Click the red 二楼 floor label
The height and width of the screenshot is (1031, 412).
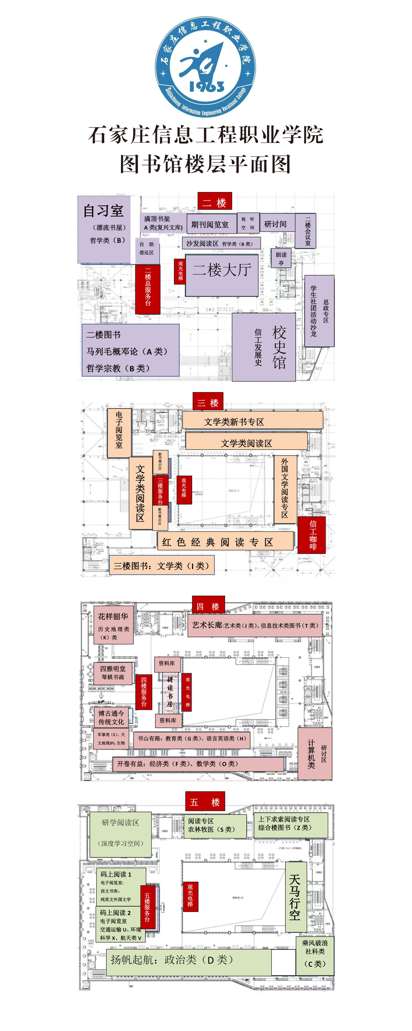(x=214, y=203)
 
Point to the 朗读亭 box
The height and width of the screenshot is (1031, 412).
(x=281, y=259)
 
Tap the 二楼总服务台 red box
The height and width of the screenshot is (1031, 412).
(x=148, y=289)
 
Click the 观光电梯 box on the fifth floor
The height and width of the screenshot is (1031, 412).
(x=190, y=896)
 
